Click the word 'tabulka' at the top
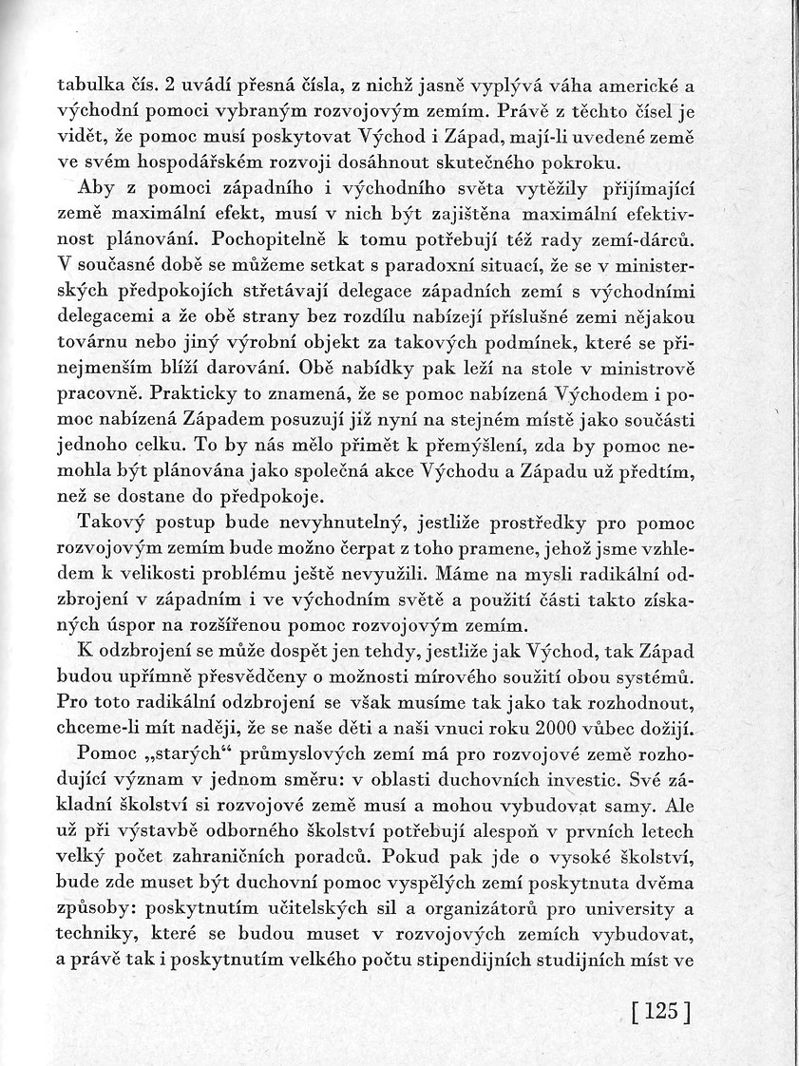86,83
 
